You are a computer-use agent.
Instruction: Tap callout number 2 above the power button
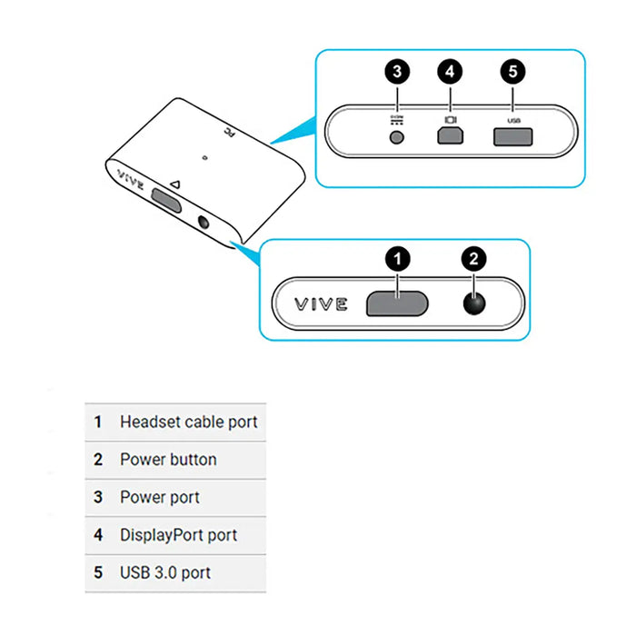click(472, 259)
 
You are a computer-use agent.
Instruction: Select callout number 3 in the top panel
click(396, 72)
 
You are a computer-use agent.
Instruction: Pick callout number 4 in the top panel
click(449, 72)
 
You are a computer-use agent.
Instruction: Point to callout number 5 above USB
click(512, 72)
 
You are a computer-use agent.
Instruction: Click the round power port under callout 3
click(396, 136)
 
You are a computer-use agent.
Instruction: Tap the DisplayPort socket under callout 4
click(449, 135)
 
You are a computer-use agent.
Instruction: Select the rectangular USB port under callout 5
click(512, 136)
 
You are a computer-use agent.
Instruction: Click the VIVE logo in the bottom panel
click(320, 303)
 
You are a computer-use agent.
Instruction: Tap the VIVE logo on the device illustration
click(131, 174)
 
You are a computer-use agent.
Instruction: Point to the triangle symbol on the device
click(176, 184)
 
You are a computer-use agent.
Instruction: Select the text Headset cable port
click(189, 422)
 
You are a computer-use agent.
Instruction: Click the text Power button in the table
click(168, 460)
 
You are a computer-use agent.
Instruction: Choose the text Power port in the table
click(160, 498)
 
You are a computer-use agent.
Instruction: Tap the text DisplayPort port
click(179, 535)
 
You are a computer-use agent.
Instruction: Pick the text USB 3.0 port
click(165, 573)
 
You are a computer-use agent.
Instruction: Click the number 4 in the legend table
click(98, 535)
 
